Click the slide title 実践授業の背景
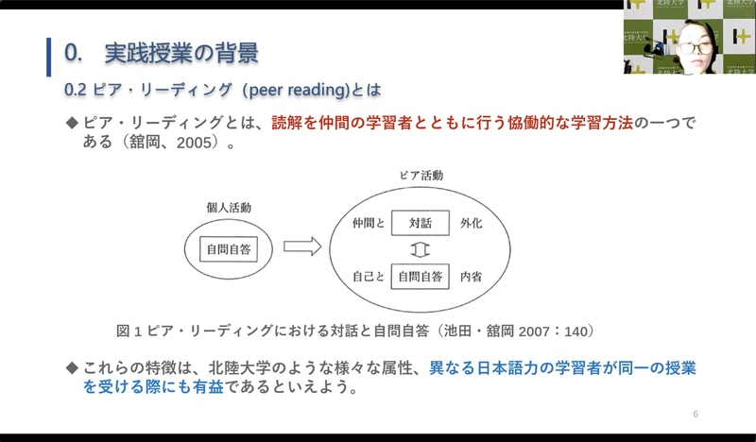coord(181,53)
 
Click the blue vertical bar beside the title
coord(49,57)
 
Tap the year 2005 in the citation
coord(194,143)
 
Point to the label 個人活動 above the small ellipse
coord(229,208)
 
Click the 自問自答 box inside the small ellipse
coord(229,249)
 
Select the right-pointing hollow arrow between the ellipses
coord(302,246)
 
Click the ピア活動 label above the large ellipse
coord(421,176)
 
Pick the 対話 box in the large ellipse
coord(421,223)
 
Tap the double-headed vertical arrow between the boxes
coord(420,249)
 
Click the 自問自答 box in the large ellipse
coord(420,276)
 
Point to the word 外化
coord(471,223)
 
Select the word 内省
coord(471,277)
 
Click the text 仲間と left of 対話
coord(369,223)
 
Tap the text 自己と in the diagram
coord(369,277)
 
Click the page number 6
coord(696,414)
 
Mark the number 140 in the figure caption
coord(576,331)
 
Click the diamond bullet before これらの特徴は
coord(72,368)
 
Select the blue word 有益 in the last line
coord(208,386)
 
